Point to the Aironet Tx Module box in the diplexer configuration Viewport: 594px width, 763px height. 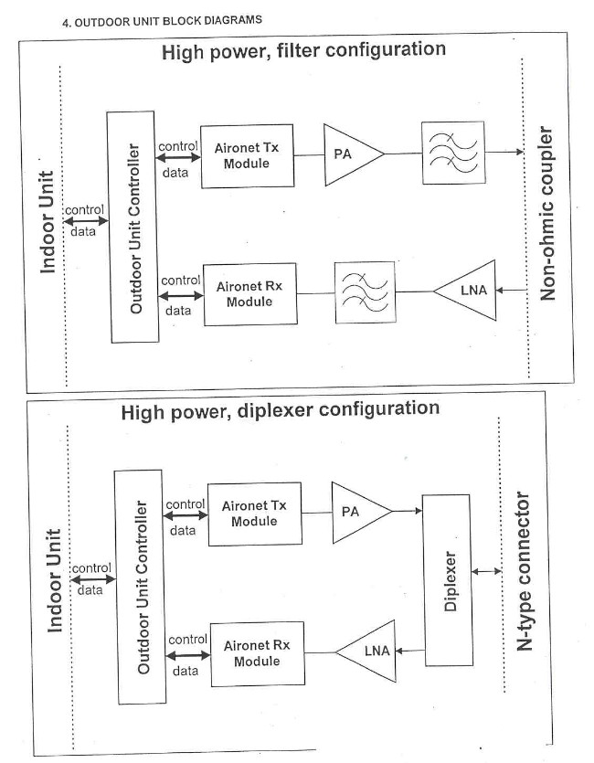254,514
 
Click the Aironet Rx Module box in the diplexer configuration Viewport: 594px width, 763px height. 257,652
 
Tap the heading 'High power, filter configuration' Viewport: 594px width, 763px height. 303,50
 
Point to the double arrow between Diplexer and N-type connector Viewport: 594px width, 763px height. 484,572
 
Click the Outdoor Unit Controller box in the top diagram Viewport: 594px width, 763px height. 135,227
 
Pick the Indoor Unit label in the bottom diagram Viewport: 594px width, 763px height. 54,580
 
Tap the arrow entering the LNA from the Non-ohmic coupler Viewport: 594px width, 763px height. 514,291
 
